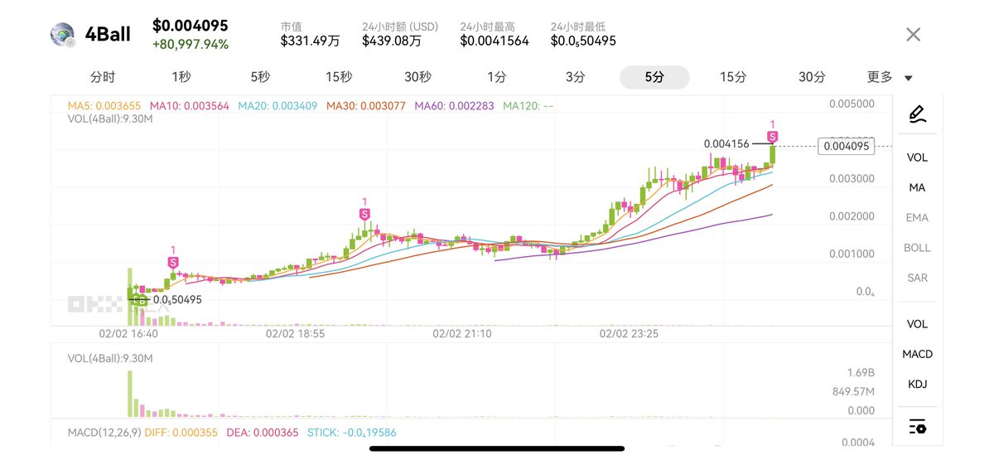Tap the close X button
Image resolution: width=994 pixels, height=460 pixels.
click(913, 35)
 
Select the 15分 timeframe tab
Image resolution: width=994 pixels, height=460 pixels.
click(732, 77)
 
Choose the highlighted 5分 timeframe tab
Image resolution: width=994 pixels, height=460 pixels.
click(654, 77)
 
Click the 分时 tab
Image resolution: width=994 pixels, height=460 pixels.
click(103, 77)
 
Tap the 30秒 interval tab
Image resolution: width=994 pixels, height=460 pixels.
click(417, 77)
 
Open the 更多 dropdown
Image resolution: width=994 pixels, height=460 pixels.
click(889, 77)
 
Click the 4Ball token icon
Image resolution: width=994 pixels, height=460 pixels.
click(63, 34)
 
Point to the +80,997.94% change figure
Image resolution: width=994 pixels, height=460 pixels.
click(190, 44)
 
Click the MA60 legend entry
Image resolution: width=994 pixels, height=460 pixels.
click(455, 105)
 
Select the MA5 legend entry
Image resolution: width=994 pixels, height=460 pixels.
click(104, 105)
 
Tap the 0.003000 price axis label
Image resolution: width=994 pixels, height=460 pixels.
click(851, 178)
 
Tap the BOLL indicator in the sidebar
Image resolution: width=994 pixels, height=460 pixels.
click(917, 247)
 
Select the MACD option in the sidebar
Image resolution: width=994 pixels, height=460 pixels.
click(917, 354)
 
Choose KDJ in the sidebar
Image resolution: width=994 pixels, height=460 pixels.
click(917, 384)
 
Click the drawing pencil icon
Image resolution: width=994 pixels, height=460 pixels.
click(916, 114)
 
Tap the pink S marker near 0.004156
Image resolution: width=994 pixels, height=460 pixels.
click(772, 136)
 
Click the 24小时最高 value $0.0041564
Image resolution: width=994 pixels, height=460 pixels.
click(494, 41)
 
